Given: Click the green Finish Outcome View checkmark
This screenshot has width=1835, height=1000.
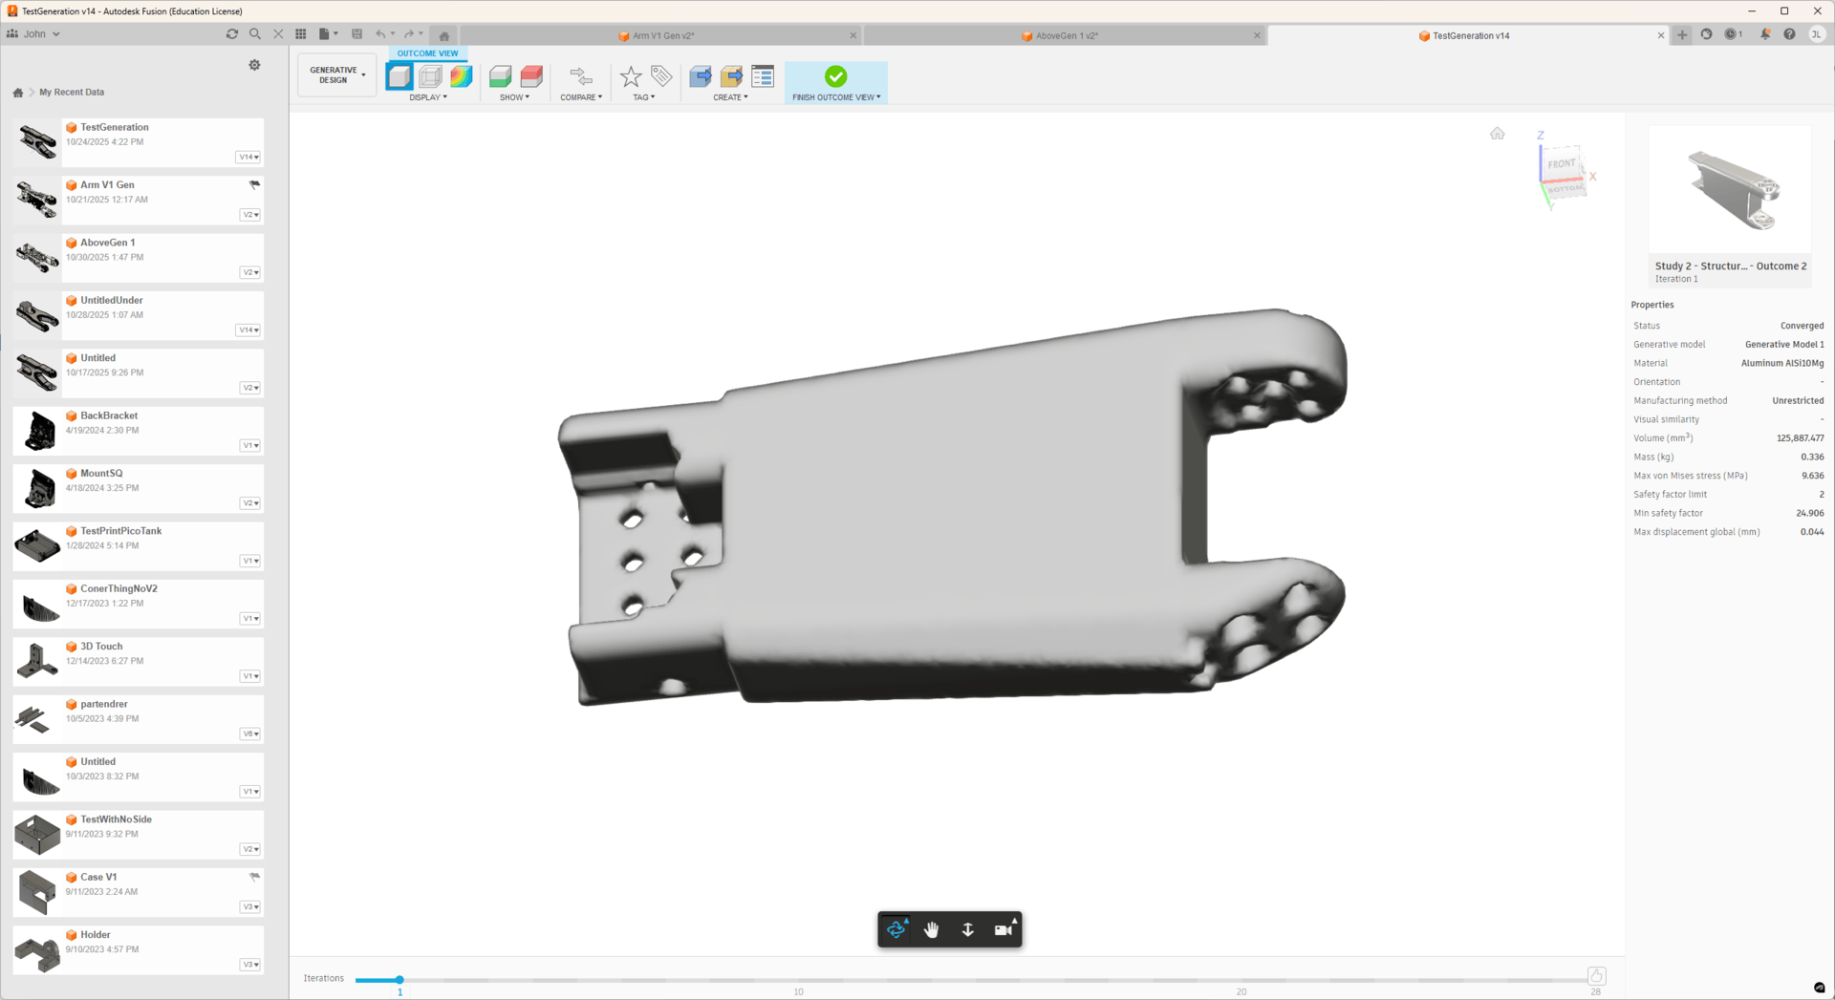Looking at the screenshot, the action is click(x=835, y=76).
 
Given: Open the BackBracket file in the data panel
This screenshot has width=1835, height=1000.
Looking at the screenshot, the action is click(x=109, y=415).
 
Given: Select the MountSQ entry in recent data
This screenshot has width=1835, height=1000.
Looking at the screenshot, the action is click(x=101, y=473).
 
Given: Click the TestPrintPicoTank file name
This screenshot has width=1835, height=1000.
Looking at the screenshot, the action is click(x=121, y=531).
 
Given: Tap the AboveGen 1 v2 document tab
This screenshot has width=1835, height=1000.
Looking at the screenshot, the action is click(x=1067, y=35).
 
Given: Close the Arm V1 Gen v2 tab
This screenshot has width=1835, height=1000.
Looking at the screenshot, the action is click(x=853, y=35).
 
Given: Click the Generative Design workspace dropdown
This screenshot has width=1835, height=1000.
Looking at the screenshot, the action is click(x=336, y=75).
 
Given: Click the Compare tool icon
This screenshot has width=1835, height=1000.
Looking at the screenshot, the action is click(x=581, y=76).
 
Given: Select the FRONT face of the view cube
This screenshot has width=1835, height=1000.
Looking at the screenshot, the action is click(x=1562, y=163).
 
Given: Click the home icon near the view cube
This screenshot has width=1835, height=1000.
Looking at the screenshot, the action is click(x=1497, y=134).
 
